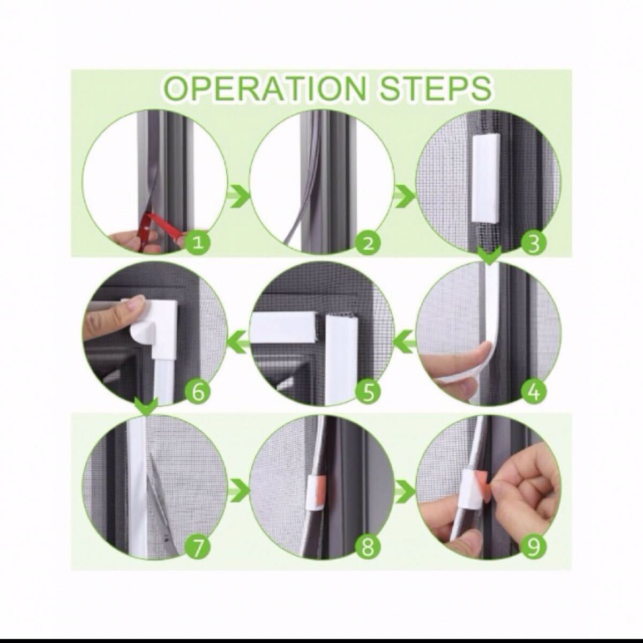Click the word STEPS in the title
tap(434, 89)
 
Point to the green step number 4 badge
tap(534, 393)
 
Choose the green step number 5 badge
tap(368, 393)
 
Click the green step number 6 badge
tap(198, 393)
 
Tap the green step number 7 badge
tap(198, 547)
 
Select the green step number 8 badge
tap(368, 547)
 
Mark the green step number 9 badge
tap(534, 547)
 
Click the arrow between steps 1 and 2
tap(238, 197)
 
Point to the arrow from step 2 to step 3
tap(404, 197)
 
